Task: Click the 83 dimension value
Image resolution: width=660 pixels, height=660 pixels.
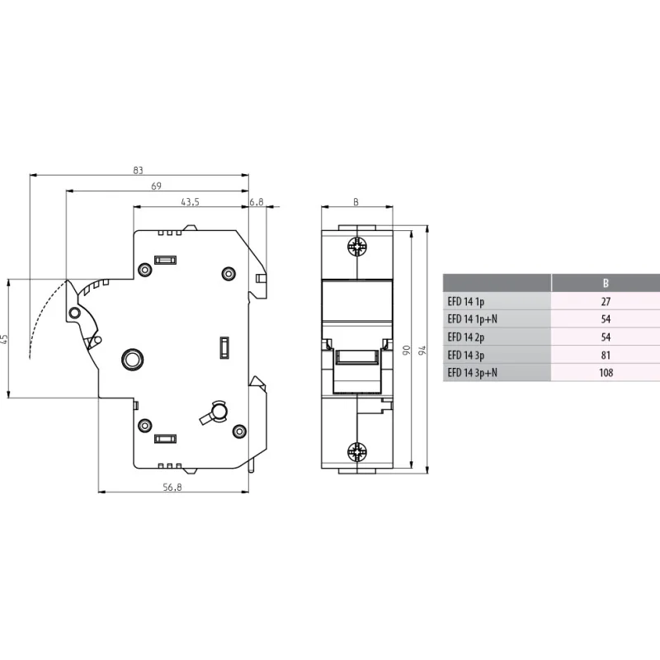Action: click(x=138, y=170)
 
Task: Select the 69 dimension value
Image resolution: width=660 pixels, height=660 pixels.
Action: click(x=156, y=186)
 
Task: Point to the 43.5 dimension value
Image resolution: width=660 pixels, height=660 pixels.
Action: click(x=190, y=202)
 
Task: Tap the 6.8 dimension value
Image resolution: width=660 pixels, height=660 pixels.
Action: click(x=257, y=202)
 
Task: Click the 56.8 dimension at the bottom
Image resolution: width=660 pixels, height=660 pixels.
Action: click(x=172, y=487)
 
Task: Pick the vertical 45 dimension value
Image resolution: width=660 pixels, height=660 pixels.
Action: click(x=4, y=338)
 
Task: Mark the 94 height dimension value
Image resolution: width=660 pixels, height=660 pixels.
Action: click(x=422, y=350)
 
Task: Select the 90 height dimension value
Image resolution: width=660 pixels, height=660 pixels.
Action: click(x=406, y=350)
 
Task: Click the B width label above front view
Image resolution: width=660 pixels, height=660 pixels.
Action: click(x=356, y=202)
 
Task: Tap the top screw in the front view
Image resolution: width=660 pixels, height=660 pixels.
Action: click(x=357, y=247)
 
